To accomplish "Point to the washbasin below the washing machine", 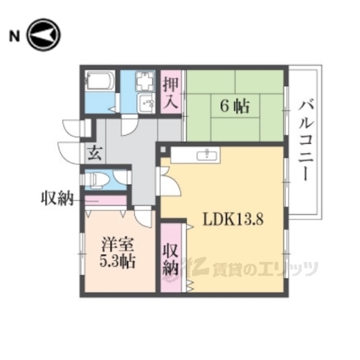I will coord(145,103).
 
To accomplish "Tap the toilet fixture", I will coord(97,180).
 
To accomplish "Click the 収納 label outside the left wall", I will coord(56,199).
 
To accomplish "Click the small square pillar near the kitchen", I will coord(163,149).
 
